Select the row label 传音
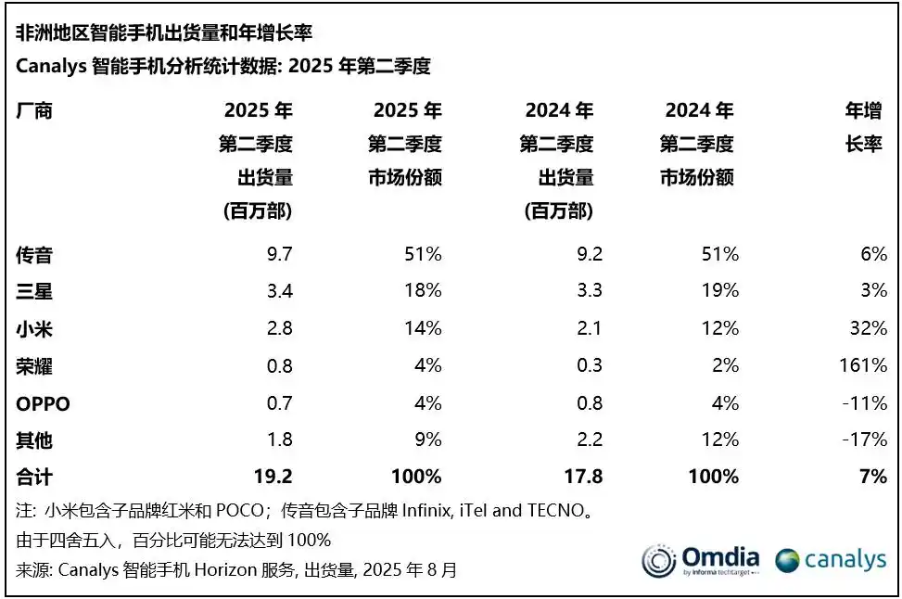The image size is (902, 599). point(34,253)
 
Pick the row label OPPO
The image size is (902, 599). point(43,403)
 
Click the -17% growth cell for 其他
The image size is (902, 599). point(868,440)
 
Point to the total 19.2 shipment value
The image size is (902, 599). point(273,477)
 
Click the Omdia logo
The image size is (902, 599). point(701,560)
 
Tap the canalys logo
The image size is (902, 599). point(832,560)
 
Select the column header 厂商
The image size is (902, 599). point(34,110)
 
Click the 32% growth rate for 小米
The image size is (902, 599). point(871,328)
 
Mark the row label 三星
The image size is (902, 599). point(34,291)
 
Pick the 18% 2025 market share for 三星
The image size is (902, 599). point(423,291)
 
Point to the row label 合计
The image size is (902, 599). point(34,477)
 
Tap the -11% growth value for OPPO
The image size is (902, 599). point(868,403)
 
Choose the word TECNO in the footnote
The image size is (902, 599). point(554,510)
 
